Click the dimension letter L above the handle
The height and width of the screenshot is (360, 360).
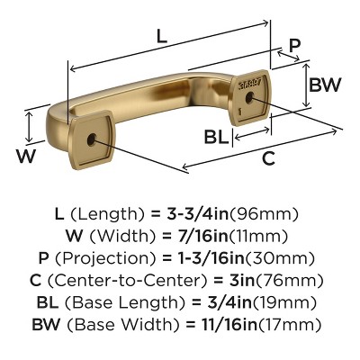click(161, 37)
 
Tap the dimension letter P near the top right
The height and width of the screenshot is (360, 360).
click(294, 48)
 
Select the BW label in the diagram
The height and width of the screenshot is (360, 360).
click(323, 85)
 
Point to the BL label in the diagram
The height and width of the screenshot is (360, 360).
click(215, 137)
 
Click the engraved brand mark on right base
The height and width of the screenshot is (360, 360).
click(247, 80)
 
